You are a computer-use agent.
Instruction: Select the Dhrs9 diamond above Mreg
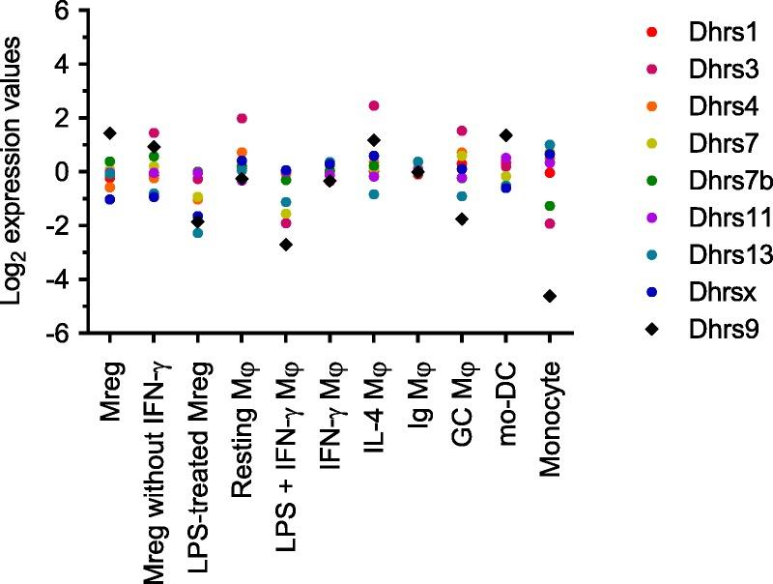click(x=110, y=132)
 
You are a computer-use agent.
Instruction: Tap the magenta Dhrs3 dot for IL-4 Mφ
click(x=374, y=105)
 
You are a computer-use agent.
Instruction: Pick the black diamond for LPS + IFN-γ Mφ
click(x=286, y=245)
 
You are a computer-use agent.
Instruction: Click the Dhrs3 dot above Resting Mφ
click(x=243, y=119)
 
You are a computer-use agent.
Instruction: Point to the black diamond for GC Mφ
click(x=462, y=219)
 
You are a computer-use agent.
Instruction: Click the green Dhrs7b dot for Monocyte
click(x=550, y=206)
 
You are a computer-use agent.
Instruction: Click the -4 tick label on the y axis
click(x=60, y=280)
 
